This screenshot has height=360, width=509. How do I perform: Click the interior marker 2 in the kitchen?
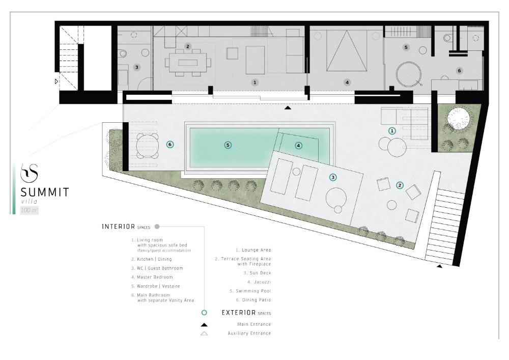point(188,46)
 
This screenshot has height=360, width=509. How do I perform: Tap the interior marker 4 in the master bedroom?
point(347,82)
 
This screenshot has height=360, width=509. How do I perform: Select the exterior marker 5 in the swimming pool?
point(228,145)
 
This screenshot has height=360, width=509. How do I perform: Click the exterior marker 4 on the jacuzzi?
point(298,146)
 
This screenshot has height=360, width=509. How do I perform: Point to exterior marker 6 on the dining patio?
point(170,145)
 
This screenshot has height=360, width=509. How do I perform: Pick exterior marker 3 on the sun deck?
point(333,177)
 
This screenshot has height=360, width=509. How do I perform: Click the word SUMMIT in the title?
point(45,192)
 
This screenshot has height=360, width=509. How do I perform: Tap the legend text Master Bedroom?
point(155,277)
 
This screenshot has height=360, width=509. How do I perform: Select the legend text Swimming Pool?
point(253,291)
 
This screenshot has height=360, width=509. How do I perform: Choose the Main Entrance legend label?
point(254,324)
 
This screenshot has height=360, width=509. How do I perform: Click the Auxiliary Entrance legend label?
point(249,334)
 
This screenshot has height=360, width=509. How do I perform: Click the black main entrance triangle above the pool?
point(288,108)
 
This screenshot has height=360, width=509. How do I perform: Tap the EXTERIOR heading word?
point(239,313)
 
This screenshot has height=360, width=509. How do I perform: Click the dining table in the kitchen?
point(188,62)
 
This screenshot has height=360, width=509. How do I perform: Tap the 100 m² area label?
point(30,210)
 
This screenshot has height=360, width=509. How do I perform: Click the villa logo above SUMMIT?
point(29,173)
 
